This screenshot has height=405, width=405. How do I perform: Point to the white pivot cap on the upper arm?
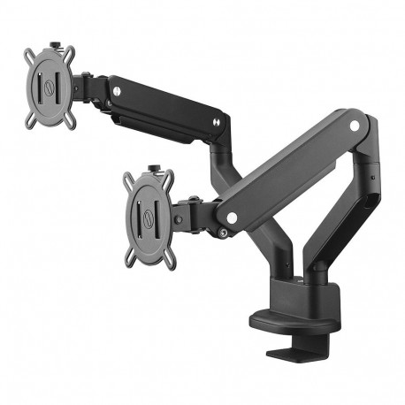(x=113, y=88)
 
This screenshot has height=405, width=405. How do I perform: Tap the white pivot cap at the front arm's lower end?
(x=231, y=217)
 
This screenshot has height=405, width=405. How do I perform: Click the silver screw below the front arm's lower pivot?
(x=225, y=233)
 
